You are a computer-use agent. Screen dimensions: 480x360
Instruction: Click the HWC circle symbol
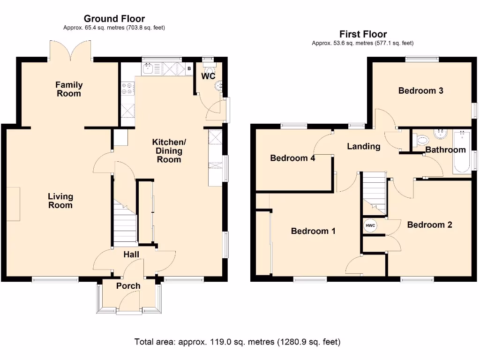coord(370,225)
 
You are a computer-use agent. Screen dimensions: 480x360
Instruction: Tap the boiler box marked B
coord(189,68)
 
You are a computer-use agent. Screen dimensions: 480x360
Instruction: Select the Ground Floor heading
coord(114,19)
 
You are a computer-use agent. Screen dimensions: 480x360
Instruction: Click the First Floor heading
coord(363,34)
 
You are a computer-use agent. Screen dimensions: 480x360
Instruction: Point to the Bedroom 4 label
coord(292,158)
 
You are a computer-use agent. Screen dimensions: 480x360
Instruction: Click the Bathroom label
coord(445,150)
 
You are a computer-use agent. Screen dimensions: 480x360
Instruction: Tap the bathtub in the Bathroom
coord(462,151)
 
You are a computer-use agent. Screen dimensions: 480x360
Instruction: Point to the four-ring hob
coord(127,89)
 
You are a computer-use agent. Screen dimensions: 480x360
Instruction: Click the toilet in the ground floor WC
coord(210,68)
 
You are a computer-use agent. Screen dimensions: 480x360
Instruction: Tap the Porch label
coord(128,286)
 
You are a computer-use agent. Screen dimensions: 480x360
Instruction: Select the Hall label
coord(131,255)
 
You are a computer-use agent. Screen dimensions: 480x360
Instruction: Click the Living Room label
coord(60,201)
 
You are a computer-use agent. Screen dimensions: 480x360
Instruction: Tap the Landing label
coord(364,146)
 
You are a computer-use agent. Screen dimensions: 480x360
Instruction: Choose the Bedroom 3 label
coord(420,90)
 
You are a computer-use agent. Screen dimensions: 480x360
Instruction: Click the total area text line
coord(237,342)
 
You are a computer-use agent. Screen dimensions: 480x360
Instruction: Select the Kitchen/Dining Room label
coord(169,150)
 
